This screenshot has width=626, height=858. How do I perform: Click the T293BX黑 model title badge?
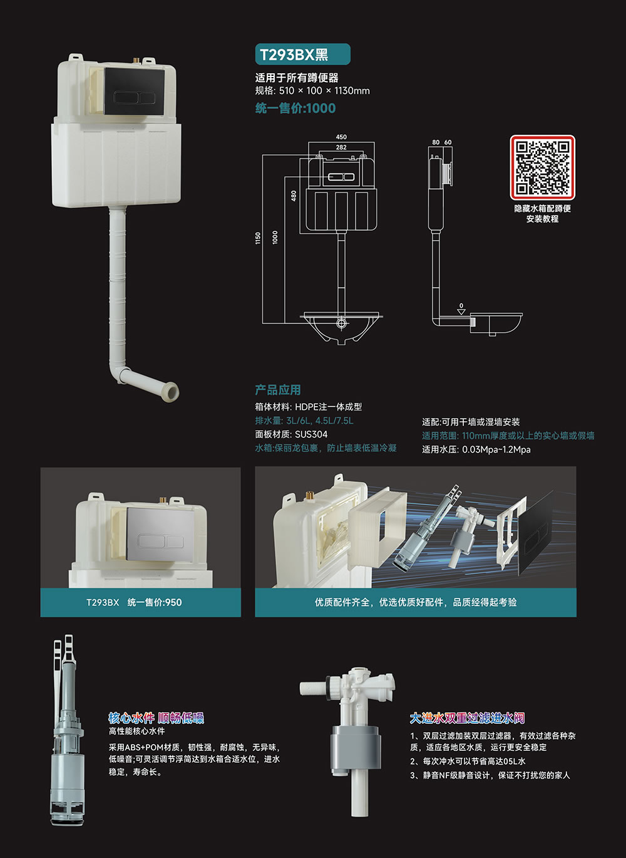302,55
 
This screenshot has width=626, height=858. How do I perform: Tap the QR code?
542,167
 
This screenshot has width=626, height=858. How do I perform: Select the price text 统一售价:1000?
295,108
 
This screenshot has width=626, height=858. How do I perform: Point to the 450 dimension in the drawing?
341,137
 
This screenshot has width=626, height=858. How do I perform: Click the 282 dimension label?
341,147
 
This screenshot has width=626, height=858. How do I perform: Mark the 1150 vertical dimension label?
258,238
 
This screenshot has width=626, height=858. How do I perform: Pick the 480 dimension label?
294,196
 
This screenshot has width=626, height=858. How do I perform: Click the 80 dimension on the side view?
436,142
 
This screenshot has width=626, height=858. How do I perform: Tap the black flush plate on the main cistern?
135,91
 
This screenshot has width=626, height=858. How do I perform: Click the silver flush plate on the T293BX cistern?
161,535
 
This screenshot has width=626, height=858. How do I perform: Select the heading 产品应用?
278,390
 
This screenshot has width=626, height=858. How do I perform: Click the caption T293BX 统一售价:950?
134,602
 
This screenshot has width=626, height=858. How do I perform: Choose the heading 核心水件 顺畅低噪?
156,718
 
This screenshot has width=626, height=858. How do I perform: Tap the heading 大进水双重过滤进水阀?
467,718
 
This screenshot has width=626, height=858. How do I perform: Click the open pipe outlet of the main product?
171,392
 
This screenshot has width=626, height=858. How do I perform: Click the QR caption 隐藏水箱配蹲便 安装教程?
543,213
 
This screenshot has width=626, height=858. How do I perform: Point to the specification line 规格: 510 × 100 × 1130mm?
312,91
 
